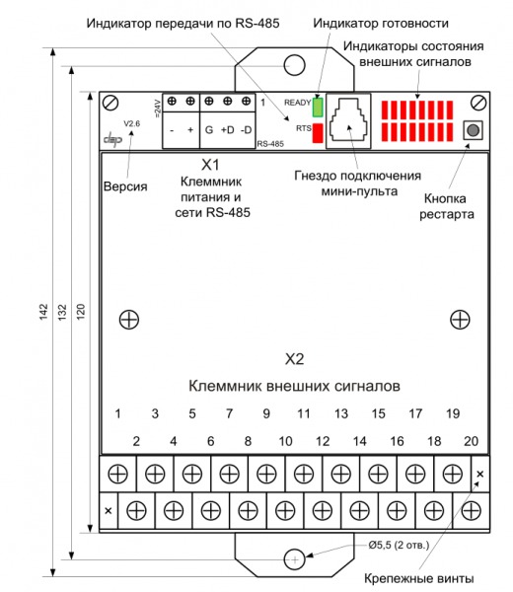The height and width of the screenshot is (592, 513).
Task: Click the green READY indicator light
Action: pos(318,108)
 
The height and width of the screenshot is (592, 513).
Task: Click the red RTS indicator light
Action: pos(318,133)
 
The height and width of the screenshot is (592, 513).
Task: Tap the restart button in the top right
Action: pos(473,130)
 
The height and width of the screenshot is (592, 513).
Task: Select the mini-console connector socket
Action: pos(348,120)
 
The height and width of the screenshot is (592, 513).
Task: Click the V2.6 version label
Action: pos(132,124)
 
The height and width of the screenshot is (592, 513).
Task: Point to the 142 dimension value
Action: pos(43,312)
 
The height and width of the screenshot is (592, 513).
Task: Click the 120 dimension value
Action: pos(81,312)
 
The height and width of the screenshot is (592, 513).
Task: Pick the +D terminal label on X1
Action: pos(227,130)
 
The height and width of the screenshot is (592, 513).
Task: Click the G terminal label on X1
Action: pos(209,130)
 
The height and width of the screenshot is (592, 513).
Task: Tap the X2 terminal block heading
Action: pos(294,359)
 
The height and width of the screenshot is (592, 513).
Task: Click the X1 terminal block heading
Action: pos(210,165)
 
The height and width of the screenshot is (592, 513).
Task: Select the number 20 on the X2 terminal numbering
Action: pos(472,441)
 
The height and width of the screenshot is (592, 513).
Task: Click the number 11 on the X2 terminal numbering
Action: pos(304,413)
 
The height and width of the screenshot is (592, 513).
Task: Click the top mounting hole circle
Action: pos(294,65)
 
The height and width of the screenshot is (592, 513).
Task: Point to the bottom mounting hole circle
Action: pos(294,559)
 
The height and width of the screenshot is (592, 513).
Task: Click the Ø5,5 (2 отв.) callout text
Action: pos(399,546)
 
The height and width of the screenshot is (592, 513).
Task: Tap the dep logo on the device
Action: pos(112,138)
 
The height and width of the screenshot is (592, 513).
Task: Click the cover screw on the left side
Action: pos(129,320)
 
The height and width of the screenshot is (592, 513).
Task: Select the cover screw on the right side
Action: pos(460,320)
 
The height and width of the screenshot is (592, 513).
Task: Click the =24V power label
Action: pos(158,109)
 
